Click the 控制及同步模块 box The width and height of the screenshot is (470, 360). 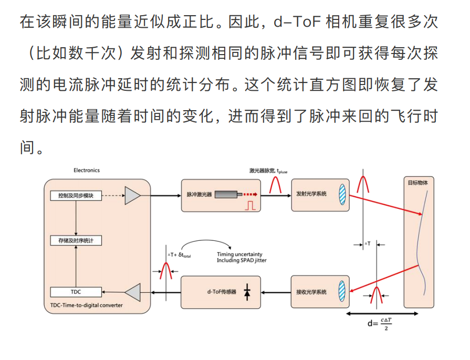tap(76, 196)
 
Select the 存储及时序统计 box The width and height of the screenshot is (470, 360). tap(76, 241)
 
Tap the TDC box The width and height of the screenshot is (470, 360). tap(76, 292)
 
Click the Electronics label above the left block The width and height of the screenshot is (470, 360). tap(87, 171)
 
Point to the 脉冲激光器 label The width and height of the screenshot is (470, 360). tap(199, 195)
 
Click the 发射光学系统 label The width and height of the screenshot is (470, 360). tap(311, 194)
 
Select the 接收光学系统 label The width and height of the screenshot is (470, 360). tap(311, 292)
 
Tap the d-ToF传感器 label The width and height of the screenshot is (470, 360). tap(222, 292)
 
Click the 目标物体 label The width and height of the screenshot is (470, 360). tap(418, 183)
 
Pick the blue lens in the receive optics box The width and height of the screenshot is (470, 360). tap(342, 292)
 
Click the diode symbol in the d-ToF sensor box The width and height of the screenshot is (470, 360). tap(247, 292)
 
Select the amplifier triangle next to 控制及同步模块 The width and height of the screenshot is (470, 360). tap(132, 196)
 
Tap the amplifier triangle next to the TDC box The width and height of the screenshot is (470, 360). tap(132, 292)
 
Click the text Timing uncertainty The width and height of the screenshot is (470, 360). tap(239, 255)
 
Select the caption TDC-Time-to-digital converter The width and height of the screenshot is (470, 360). tap(86, 305)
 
